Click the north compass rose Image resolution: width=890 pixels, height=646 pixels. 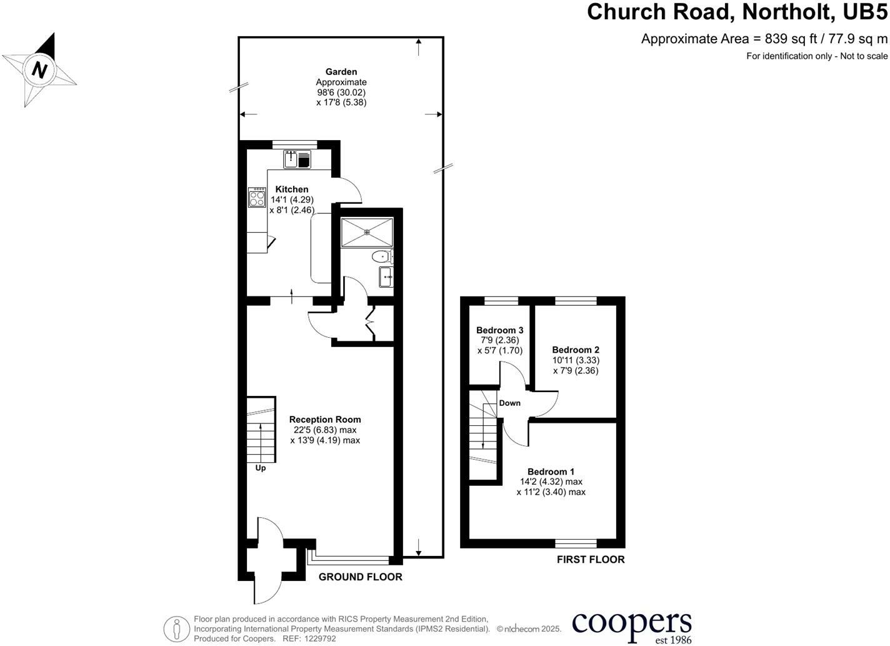[x=39, y=69]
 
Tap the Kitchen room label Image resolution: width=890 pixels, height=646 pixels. [x=291, y=189]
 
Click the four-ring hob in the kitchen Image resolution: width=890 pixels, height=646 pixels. [x=257, y=198]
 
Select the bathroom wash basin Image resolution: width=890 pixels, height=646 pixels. [x=386, y=276]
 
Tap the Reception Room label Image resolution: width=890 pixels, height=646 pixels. [x=325, y=420]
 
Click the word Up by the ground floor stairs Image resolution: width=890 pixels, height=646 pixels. [x=261, y=468]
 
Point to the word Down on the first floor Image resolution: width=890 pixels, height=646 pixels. [x=509, y=403]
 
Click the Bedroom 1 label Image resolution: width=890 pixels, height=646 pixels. [x=551, y=472]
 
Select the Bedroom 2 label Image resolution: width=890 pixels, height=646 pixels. [x=576, y=350]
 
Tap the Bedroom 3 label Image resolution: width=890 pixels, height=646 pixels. [x=499, y=330]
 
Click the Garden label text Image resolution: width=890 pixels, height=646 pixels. [x=341, y=72]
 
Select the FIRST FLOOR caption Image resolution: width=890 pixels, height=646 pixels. [x=591, y=560]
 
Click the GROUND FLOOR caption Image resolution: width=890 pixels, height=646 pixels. [x=360, y=577]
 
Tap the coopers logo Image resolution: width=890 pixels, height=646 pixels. [x=631, y=625]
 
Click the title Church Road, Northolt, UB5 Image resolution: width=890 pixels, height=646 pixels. [x=737, y=12]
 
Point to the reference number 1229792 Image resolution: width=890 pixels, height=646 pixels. [x=319, y=638]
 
